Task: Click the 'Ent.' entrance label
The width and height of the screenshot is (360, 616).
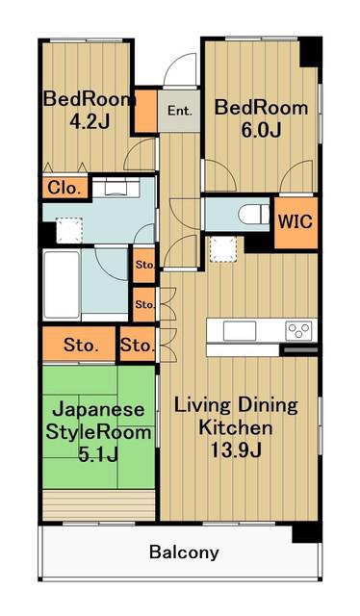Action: (x=180, y=111)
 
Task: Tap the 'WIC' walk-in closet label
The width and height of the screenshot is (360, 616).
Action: (x=296, y=222)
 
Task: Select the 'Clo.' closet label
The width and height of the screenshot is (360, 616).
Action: (x=64, y=189)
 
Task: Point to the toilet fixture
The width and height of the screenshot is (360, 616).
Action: (x=253, y=215)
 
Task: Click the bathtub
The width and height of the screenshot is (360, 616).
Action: (x=63, y=285)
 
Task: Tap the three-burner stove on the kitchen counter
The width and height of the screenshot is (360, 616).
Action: (x=298, y=330)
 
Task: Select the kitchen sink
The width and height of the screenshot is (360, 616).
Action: (x=240, y=331)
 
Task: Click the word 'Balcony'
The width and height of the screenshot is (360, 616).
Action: (x=184, y=552)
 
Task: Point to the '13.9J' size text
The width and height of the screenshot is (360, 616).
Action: (x=236, y=450)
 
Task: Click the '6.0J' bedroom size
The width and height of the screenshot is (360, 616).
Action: (x=261, y=131)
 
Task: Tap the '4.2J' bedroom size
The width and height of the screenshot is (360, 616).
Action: (x=90, y=122)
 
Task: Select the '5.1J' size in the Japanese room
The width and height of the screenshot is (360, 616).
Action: (x=98, y=455)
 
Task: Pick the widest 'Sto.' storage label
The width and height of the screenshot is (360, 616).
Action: (x=80, y=346)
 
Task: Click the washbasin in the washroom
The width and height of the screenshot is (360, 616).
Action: (x=116, y=188)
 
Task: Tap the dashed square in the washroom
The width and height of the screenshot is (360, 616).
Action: (x=69, y=231)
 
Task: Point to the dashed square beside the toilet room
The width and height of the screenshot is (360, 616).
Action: (x=222, y=249)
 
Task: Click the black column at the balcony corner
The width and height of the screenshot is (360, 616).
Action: (x=307, y=532)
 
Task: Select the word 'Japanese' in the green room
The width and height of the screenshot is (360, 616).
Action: (x=98, y=410)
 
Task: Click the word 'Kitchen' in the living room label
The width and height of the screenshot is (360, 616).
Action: (x=236, y=427)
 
